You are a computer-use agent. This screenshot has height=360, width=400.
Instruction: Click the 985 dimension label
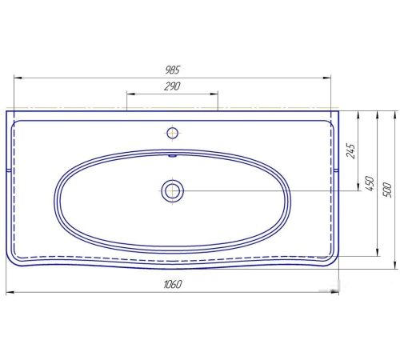pyautogui.click(x=172, y=70)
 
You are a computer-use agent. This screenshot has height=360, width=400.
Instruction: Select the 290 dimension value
pyautogui.click(x=172, y=86)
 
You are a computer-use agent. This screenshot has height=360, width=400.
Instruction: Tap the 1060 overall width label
pyautogui.click(x=173, y=284)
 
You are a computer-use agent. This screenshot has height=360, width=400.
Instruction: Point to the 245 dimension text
pyautogui.click(x=351, y=151)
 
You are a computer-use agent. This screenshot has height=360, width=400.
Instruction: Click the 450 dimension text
pyautogui.click(x=370, y=183)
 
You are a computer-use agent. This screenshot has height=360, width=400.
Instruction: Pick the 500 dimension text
pyautogui.click(x=387, y=190)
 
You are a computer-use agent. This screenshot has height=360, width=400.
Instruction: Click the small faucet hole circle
pyautogui.click(x=172, y=133)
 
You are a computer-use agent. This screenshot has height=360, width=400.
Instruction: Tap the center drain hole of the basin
pyautogui.click(x=172, y=191)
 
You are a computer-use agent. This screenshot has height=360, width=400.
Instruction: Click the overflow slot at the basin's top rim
pyautogui.click(x=172, y=155)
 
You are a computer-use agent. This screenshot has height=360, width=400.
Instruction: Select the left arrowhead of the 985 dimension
pyautogui.click(x=18, y=78)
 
